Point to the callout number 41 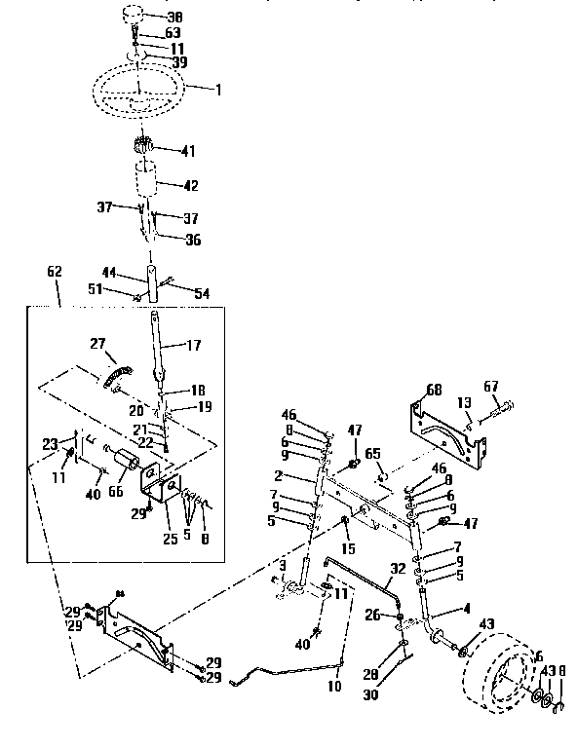[x=188, y=150]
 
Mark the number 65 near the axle [x=373, y=454]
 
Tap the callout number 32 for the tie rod [x=397, y=567]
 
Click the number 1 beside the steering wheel [x=218, y=90]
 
